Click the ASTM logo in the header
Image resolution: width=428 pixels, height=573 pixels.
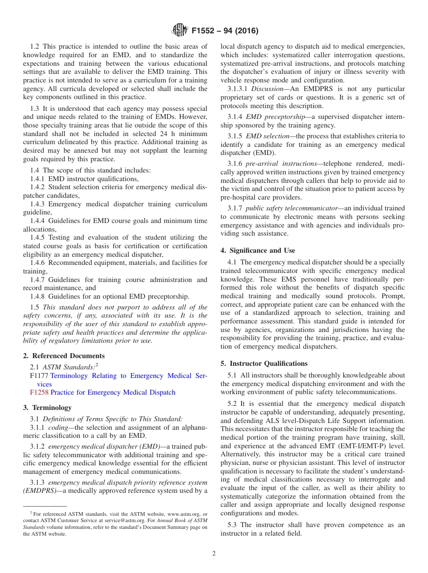(x=180, y=31)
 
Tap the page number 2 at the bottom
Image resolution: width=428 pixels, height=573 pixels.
(x=214, y=553)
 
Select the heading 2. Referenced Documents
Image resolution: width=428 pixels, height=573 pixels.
(x=64, y=355)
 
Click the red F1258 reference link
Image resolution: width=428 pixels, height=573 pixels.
(x=39, y=392)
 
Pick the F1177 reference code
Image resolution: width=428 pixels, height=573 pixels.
(x=39, y=376)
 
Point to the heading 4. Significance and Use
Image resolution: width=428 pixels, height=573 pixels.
(x=258, y=250)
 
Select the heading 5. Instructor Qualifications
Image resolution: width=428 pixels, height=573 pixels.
(x=264, y=363)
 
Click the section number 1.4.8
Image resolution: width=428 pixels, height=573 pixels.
(x=38, y=296)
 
